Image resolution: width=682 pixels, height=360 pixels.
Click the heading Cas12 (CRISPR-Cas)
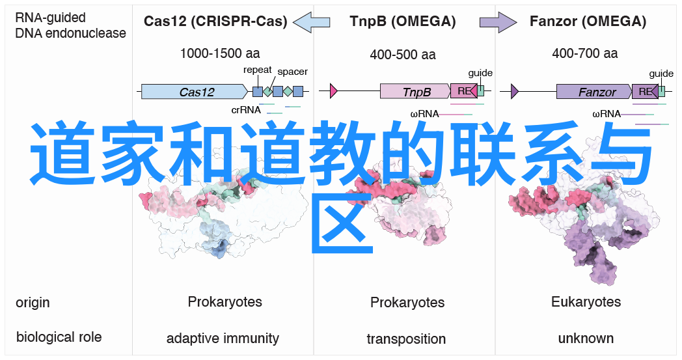(215, 21)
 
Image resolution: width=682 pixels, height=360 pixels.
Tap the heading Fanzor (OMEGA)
(588, 21)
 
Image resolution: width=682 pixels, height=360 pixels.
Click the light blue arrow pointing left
(312, 22)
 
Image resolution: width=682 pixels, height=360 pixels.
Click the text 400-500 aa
(403, 55)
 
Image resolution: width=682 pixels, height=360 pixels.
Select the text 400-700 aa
(585, 55)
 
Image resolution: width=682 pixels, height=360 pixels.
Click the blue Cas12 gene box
(196, 92)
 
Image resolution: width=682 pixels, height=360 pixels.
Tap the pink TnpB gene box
(415, 92)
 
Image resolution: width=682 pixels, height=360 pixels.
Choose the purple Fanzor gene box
(593, 92)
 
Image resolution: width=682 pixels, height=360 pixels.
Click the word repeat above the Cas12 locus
(258, 70)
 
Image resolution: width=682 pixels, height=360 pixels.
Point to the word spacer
(292, 72)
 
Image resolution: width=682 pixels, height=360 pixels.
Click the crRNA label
(246, 110)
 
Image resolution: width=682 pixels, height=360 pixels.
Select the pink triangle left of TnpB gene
(334, 92)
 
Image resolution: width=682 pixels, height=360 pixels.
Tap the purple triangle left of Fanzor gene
(514, 92)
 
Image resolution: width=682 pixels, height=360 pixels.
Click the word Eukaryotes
(586, 302)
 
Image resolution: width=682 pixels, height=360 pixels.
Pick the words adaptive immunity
(223, 339)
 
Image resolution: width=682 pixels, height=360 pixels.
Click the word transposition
(406, 339)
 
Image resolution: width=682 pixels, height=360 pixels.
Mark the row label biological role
(59, 337)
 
